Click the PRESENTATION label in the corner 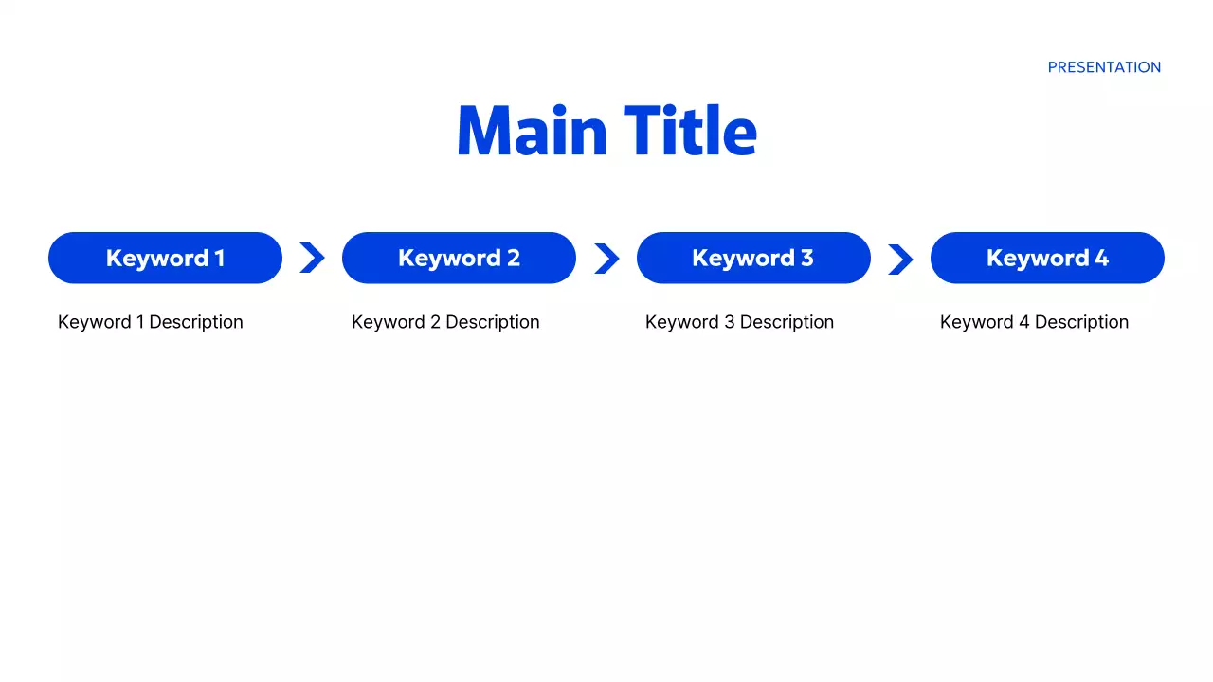point(1104,67)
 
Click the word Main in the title point(532,131)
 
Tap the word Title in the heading point(691,131)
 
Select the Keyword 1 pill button point(165,258)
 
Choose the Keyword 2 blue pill point(459,258)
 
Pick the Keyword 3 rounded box point(753,258)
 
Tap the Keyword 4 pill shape point(1047,258)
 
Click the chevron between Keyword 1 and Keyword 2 point(312,258)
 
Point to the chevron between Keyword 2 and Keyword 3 point(606,258)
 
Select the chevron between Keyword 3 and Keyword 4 point(900,258)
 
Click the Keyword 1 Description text point(150,322)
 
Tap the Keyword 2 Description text point(445,322)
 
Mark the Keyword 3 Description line point(739,322)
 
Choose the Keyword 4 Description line point(1034,322)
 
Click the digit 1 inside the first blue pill point(220,258)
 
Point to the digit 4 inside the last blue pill point(1101,258)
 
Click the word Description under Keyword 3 point(787,322)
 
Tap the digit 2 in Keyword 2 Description point(435,322)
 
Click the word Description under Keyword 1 point(196,322)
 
